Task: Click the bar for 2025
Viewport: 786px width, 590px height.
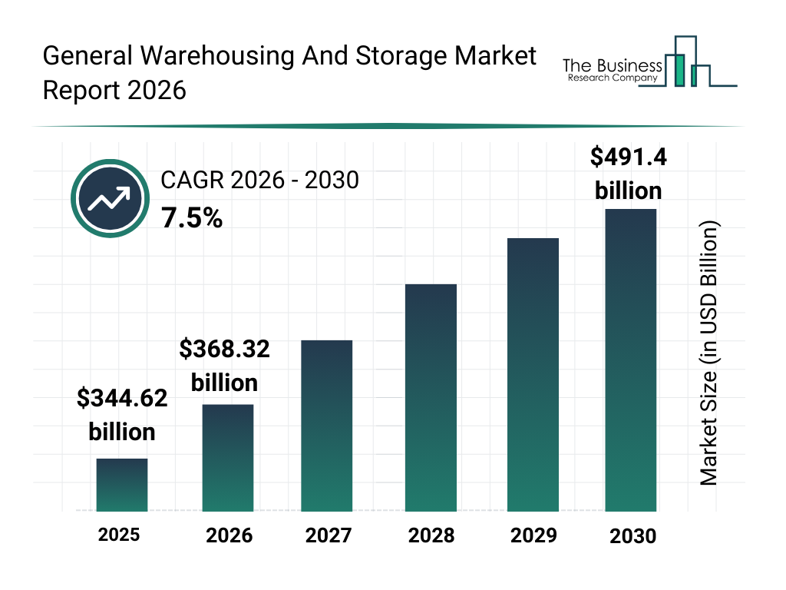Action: tap(122, 485)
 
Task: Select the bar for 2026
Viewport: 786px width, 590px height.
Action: tap(228, 457)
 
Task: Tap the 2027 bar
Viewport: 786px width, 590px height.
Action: tap(327, 426)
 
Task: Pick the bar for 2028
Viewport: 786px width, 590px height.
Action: tap(431, 397)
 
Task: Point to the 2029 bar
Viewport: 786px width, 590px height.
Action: tap(533, 374)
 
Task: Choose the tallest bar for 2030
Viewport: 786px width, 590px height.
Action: tap(631, 360)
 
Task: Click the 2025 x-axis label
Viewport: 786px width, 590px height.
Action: tap(119, 534)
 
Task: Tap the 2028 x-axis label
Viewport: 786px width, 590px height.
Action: tap(431, 535)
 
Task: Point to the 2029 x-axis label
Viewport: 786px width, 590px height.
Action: tap(533, 535)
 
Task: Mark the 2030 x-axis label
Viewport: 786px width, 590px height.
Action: tap(633, 536)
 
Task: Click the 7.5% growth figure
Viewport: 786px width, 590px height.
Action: tap(192, 219)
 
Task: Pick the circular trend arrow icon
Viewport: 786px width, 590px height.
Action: tap(109, 199)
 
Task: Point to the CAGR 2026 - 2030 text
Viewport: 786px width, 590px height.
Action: tap(259, 181)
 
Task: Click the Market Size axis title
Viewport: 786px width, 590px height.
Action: tap(708, 353)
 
